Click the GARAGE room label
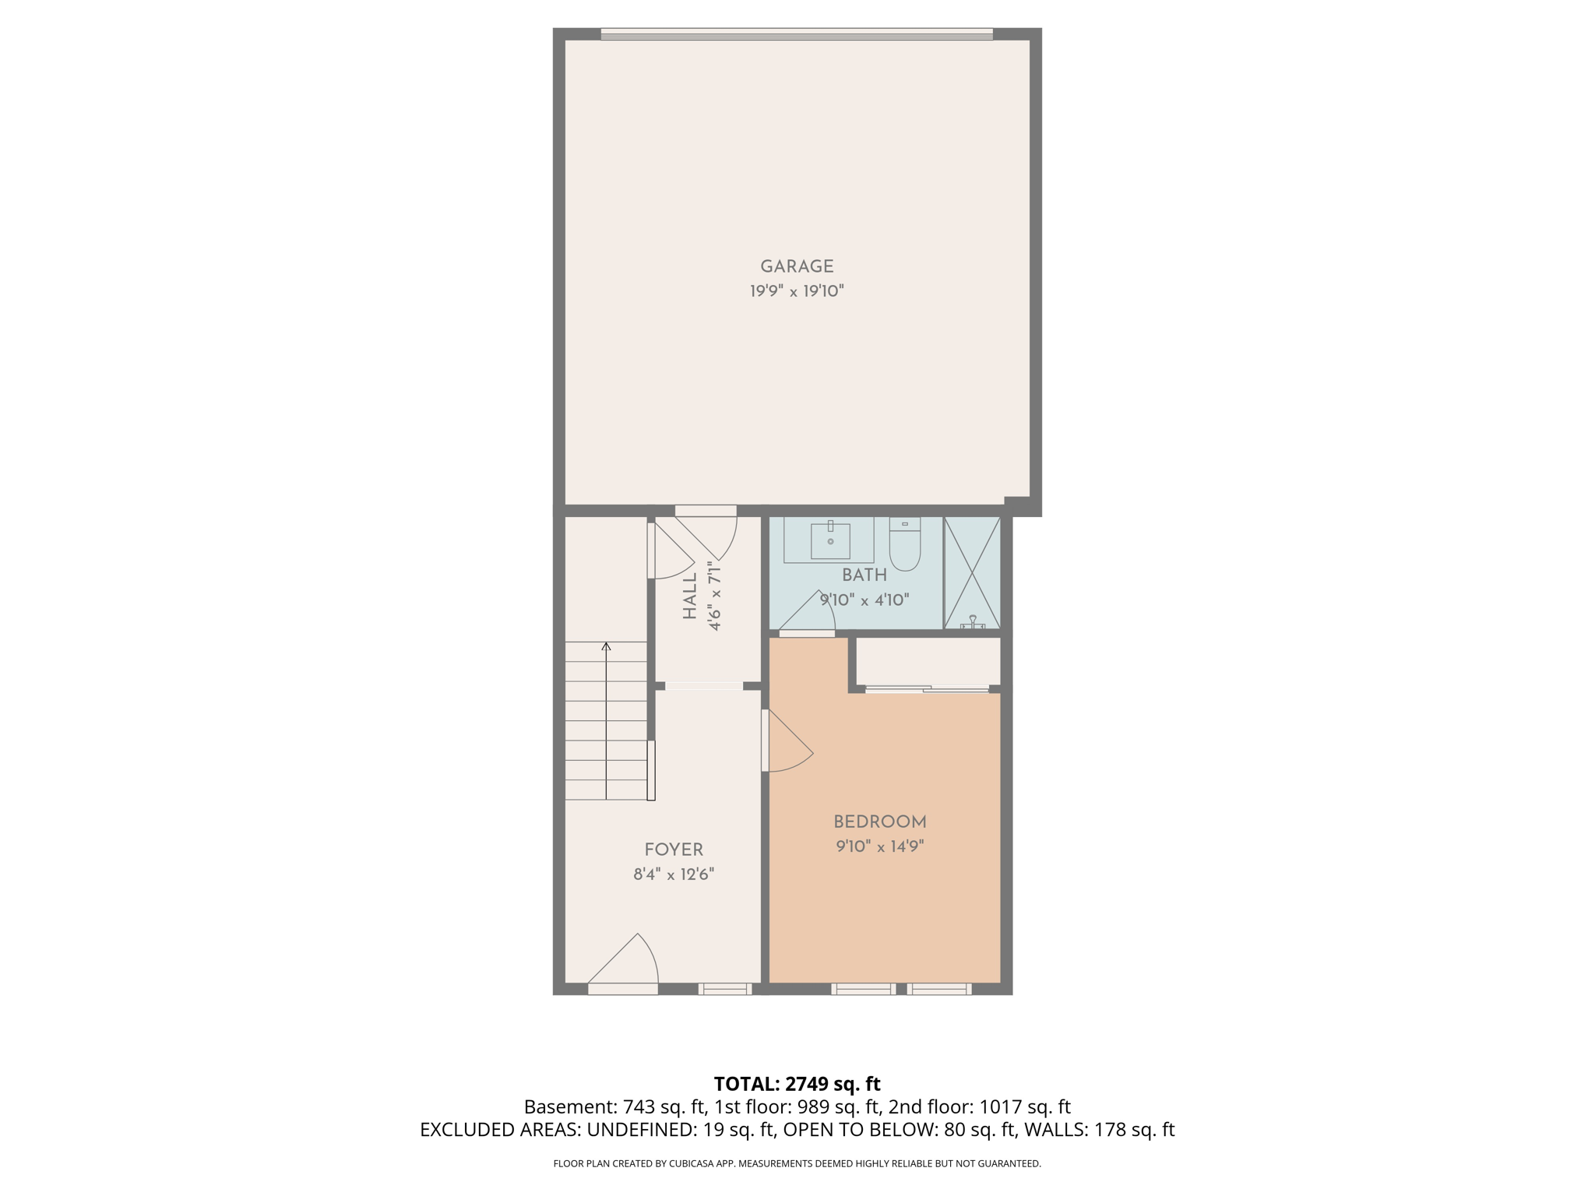coord(797,266)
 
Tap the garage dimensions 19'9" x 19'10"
coord(797,291)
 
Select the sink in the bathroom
coord(830,540)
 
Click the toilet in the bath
coord(905,546)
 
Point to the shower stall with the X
coord(972,572)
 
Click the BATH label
coord(864,575)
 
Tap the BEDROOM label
coord(880,821)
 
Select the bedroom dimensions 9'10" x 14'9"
coord(880,846)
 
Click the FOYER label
coord(674,850)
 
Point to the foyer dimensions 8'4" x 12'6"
coord(674,874)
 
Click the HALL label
coord(690,597)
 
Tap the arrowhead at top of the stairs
coord(606,645)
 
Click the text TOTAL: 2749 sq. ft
coord(797,1084)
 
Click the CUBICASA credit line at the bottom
coord(797,1163)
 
